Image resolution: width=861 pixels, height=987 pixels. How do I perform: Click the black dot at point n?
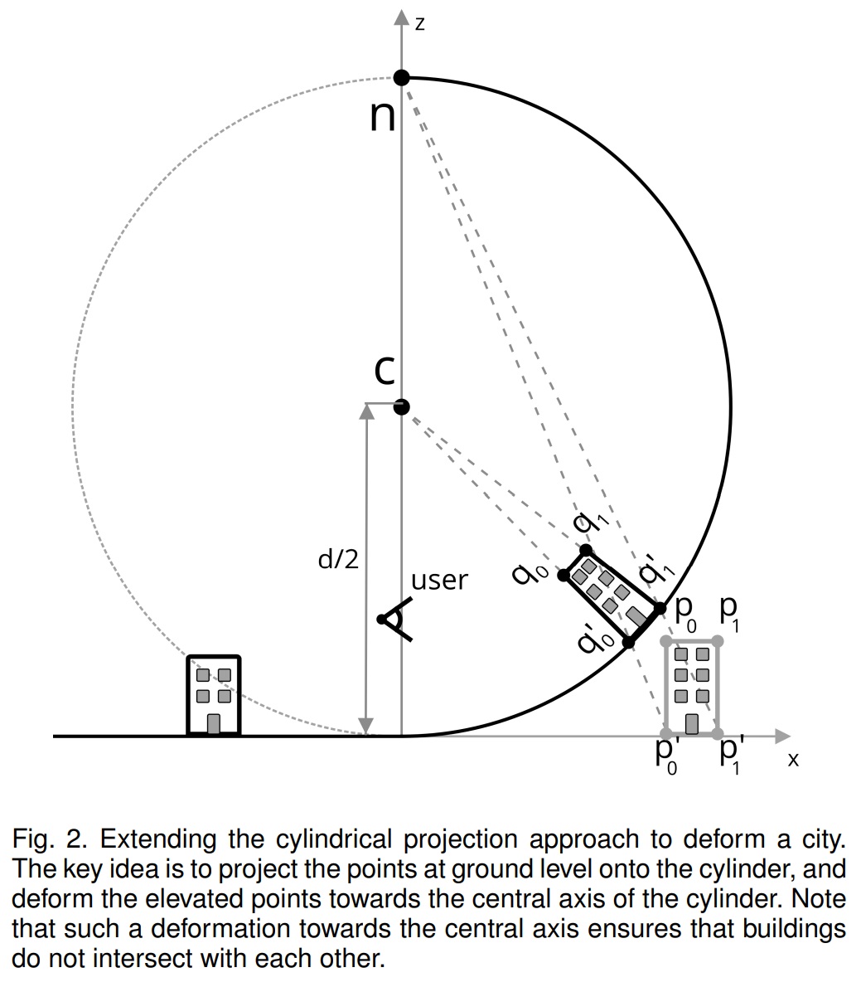pyautogui.click(x=401, y=78)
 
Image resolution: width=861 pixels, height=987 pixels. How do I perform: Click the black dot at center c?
pyautogui.click(x=401, y=406)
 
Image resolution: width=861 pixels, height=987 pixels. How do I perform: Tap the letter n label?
pyautogui.click(x=382, y=116)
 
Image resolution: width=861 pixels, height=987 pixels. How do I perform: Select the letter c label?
pyautogui.click(x=383, y=371)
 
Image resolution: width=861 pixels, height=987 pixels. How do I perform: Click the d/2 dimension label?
pyautogui.click(x=338, y=560)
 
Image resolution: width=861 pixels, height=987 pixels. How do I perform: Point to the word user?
pyautogui.click(x=439, y=581)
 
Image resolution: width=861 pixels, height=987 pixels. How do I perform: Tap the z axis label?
pyautogui.click(x=420, y=23)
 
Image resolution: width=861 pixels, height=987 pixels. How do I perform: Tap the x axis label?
pyautogui.click(x=792, y=759)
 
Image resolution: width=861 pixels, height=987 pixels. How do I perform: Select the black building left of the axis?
pyautogui.click(x=214, y=695)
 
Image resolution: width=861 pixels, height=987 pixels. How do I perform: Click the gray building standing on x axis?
pyautogui.click(x=691, y=687)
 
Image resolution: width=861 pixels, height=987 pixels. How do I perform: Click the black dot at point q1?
pyautogui.click(x=586, y=550)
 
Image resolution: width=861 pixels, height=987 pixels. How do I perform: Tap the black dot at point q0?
pyautogui.click(x=563, y=575)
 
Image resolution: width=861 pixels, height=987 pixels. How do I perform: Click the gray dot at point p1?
pyautogui.click(x=718, y=641)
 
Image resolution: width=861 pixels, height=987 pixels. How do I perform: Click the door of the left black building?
pyautogui.click(x=213, y=723)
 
